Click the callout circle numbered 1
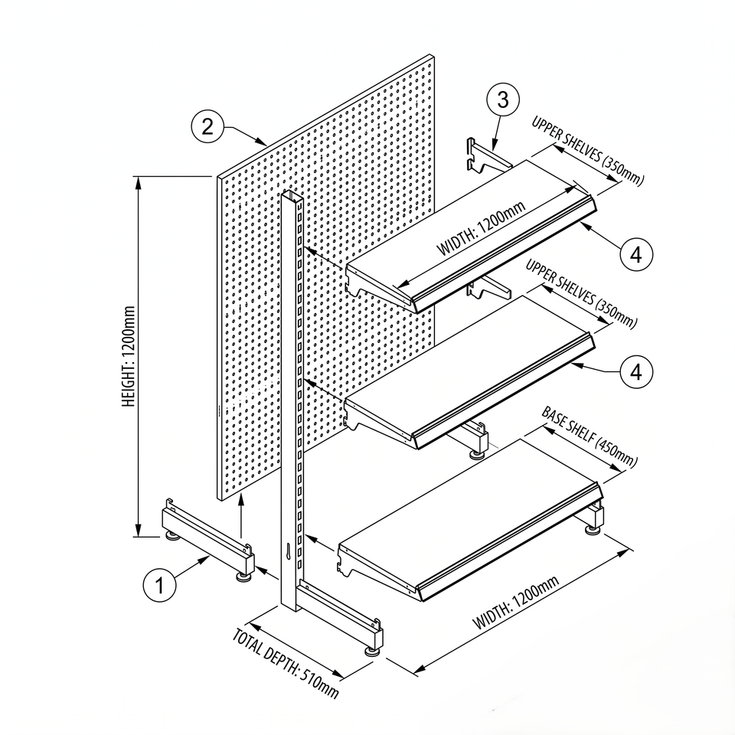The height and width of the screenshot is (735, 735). [x=160, y=584]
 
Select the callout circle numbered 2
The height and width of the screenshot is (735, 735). [x=207, y=126]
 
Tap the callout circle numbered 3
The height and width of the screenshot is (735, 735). [x=503, y=100]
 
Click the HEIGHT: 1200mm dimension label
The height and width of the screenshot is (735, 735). [x=129, y=357]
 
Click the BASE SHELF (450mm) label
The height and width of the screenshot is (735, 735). [x=590, y=437]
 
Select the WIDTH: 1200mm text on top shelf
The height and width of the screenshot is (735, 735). [x=481, y=228]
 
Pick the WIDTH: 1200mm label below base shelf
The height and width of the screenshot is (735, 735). [x=515, y=603]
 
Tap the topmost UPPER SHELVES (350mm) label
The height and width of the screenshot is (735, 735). [x=588, y=151]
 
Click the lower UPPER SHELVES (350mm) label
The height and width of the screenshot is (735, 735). [x=581, y=293]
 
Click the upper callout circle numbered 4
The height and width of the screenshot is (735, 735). [x=636, y=254]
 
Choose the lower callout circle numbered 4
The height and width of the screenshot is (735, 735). [x=636, y=372]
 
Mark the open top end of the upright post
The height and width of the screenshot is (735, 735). [x=292, y=196]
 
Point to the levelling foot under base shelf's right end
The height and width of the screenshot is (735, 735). [x=593, y=530]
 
